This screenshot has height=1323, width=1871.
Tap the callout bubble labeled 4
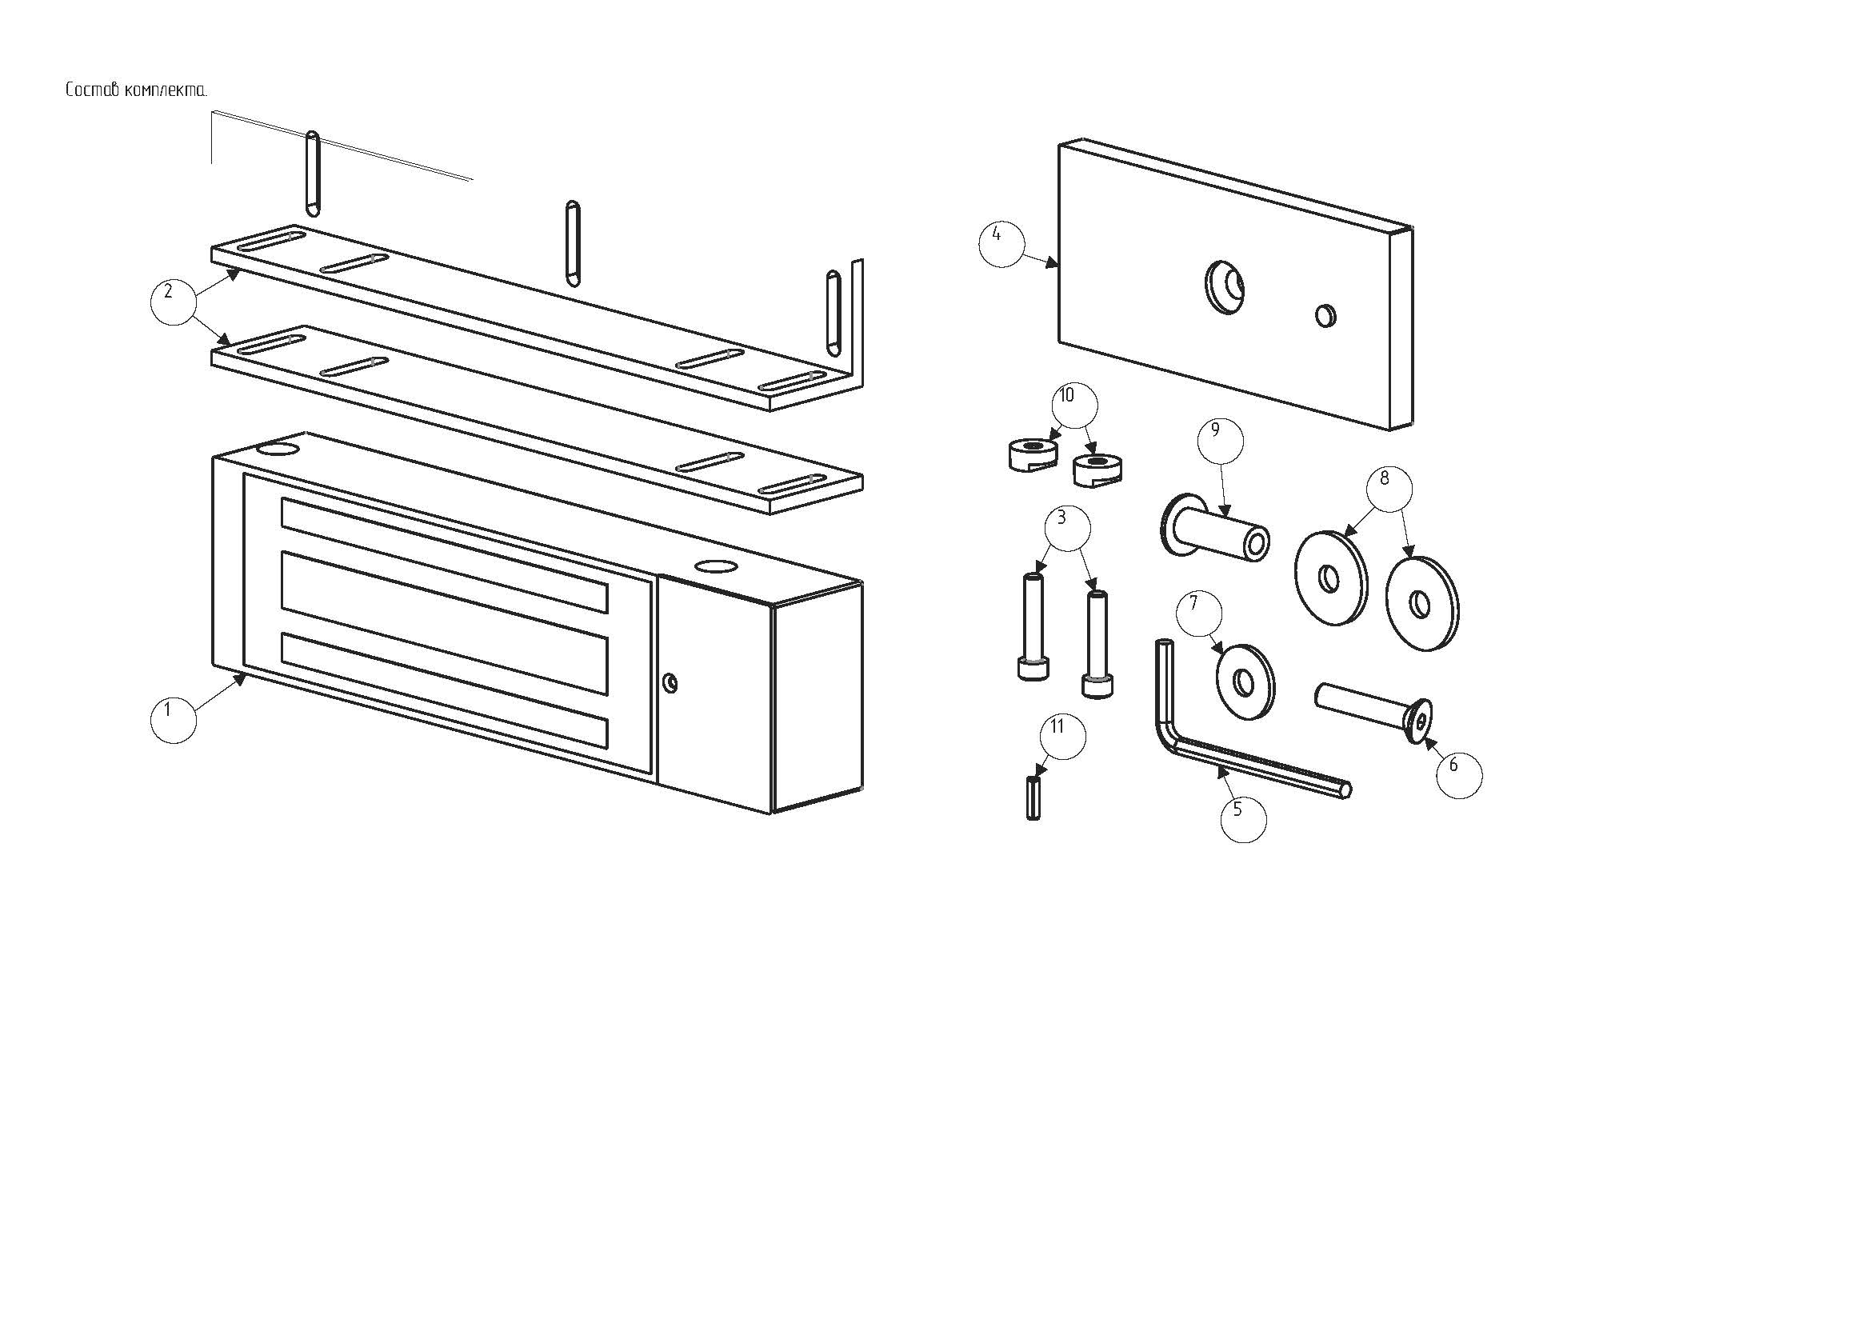[1001, 243]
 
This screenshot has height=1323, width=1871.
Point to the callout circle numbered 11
[1062, 737]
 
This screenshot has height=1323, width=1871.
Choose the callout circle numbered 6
[1459, 774]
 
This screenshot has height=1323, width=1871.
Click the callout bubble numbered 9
[1220, 441]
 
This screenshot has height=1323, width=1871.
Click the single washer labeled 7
[1245, 681]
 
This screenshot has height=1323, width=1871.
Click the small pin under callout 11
[1033, 798]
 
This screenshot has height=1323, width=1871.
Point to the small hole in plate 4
[1325, 315]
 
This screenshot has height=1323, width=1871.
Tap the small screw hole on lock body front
[670, 681]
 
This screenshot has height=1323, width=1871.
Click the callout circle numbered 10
[1074, 406]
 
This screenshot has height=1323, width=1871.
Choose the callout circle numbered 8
[1389, 488]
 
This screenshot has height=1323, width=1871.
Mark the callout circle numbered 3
[1065, 527]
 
